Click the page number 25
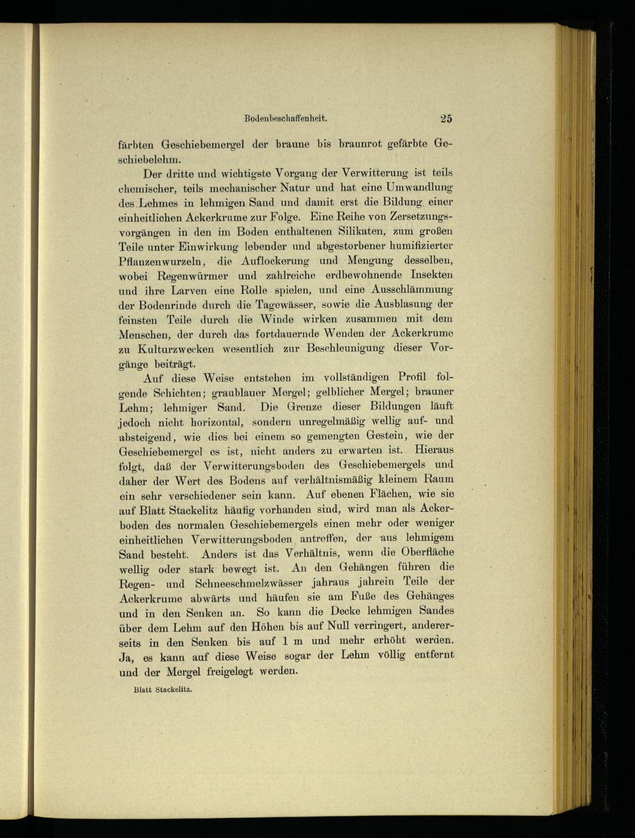click(444, 117)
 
